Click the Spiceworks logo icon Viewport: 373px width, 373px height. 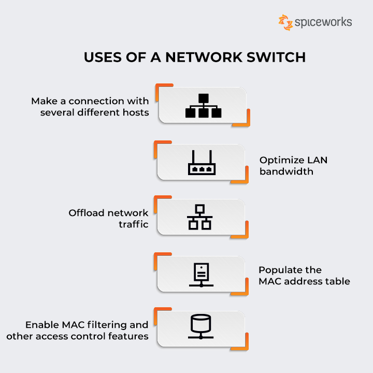pos(285,22)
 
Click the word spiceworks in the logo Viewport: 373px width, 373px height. pos(323,22)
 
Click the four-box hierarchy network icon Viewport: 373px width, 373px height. pos(203,106)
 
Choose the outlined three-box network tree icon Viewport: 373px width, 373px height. pos(199,218)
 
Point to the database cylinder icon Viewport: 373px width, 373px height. pos(200,326)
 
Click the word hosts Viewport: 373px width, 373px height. pos(136,112)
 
